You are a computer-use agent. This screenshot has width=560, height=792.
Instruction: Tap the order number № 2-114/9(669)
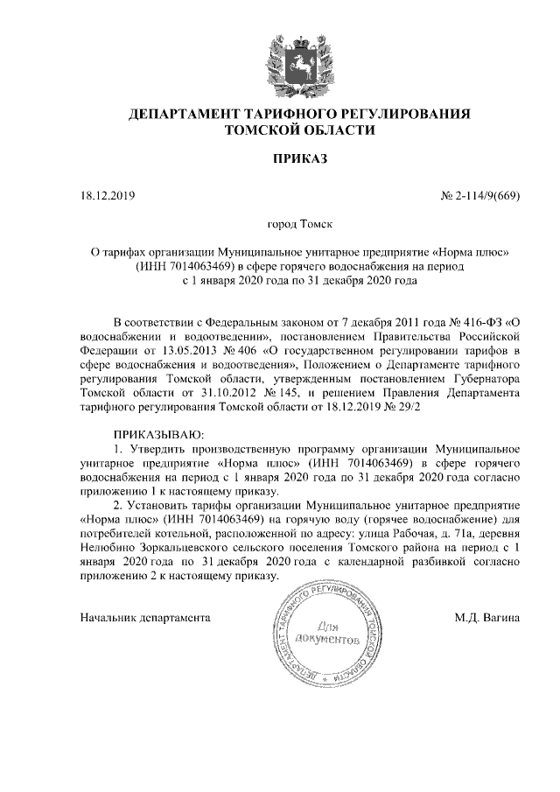point(480,194)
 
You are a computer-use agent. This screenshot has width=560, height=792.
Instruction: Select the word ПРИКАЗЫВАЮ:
point(157,434)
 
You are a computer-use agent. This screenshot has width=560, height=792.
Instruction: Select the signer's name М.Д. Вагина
point(487,618)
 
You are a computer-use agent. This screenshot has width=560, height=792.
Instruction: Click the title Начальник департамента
point(145,618)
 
